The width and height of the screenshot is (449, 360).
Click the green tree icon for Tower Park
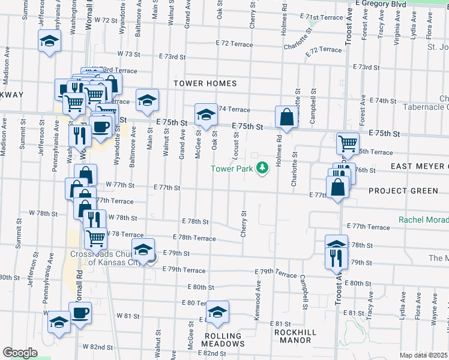point(262,168)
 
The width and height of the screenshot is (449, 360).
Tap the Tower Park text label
point(232,169)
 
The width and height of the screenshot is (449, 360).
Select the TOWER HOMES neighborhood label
point(205,83)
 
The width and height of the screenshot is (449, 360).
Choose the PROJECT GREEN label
point(403,191)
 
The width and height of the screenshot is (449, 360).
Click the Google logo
point(20,352)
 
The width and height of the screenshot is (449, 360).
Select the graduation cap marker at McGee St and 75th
point(206,115)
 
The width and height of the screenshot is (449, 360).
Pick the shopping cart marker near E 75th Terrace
point(348,143)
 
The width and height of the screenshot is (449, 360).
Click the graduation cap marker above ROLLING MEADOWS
point(217,312)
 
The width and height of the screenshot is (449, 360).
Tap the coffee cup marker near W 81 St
point(80,312)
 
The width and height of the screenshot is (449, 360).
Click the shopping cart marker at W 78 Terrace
point(95,238)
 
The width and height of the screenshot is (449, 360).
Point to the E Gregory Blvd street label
point(381,4)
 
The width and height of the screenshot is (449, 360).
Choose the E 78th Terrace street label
point(194,238)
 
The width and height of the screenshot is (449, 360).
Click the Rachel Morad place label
point(423,220)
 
